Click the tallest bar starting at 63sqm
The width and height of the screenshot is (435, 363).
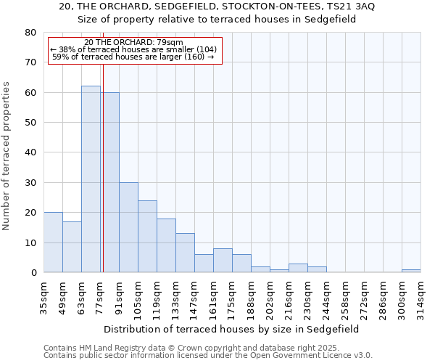[91, 179]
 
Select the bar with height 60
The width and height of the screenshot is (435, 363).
[111, 182]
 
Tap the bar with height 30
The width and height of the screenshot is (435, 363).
[128, 227]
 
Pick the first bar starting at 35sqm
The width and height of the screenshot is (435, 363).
[53, 242]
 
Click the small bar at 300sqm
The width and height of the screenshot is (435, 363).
[411, 271]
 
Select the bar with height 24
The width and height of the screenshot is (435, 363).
[147, 237]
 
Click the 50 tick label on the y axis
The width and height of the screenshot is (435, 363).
[30, 123]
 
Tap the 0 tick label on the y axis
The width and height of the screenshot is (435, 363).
[33, 273]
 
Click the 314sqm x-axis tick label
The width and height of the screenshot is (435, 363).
[420, 295]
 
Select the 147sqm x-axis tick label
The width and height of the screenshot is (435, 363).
[195, 295]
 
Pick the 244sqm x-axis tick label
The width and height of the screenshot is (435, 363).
[326, 295]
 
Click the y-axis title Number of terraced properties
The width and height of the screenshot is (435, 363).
[7, 155]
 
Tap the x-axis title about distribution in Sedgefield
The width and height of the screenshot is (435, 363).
[232, 329]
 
